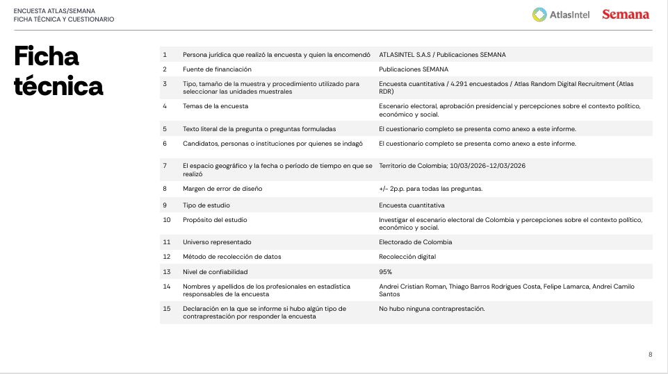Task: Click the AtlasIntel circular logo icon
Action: coord(539,15)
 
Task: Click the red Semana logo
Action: coord(626,15)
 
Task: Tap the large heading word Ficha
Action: coord(47,57)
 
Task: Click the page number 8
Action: coord(650,355)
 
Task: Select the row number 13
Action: coord(166,272)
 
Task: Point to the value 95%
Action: coord(386,272)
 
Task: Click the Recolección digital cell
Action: coord(407,257)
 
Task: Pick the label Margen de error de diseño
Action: coord(222,189)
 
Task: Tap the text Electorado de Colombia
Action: coord(416,242)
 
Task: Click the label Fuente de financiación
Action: coord(217,69)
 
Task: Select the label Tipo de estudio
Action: coord(206,205)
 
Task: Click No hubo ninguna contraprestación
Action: coord(432,309)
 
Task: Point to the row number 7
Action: coord(165,166)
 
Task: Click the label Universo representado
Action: coord(217,242)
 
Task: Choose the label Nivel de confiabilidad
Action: coord(215,272)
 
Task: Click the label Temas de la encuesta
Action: coord(215,106)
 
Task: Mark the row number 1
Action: coord(165,54)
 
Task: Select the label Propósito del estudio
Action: coord(215,220)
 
